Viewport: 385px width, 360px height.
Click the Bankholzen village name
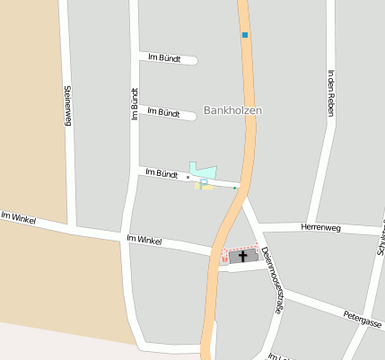(233, 110)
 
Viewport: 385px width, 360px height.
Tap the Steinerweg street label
(67, 105)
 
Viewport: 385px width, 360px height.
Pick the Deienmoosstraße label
(270, 280)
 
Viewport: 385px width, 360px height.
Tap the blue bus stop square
(244, 35)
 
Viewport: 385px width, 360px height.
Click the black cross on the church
(242, 257)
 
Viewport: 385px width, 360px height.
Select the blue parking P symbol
(204, 183)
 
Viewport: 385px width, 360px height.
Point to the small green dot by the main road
(235, 189)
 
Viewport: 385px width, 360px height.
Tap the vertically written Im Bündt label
(136, 104)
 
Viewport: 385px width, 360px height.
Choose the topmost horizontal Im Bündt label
(163, 58)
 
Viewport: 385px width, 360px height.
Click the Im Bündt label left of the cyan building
(162, 172)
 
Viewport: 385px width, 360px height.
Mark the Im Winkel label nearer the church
(144, 240)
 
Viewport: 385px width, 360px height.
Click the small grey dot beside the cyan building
(188, 178)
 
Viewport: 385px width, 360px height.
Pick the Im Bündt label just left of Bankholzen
(163, 113)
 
